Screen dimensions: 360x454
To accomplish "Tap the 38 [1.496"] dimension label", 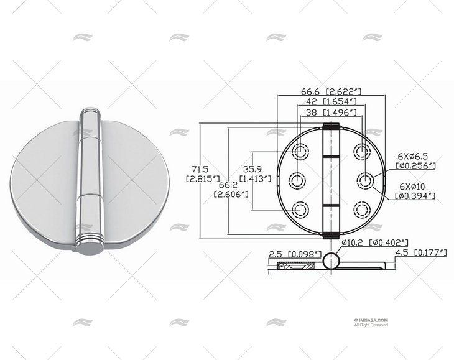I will [x=330, y=113].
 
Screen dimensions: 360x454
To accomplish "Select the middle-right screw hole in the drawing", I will [x=363, y=180].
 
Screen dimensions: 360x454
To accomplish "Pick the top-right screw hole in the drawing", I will [x=363, y=150].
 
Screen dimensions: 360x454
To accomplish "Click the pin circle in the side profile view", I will [x=332, y=261].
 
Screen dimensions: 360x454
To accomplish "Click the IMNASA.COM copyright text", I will [x=371, y=320].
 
